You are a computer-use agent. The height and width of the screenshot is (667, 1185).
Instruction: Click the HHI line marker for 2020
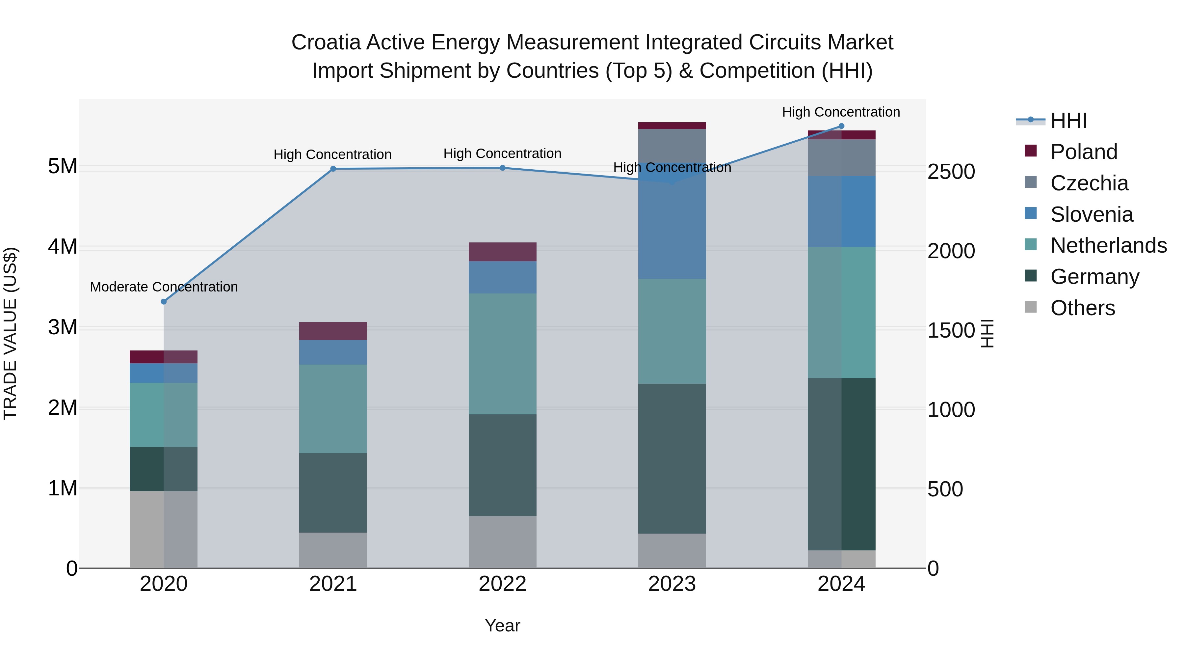tap(164, 301)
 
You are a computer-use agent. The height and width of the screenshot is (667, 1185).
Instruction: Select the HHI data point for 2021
tap(333, 169)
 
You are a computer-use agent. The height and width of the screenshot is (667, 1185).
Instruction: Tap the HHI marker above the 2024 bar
tap(841, 126)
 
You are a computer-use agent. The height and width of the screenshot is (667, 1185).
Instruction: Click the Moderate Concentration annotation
tap(164, 287)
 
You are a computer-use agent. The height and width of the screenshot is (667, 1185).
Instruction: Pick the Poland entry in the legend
tap(1083, 152)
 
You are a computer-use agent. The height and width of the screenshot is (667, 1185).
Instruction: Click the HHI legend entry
tap(1068, 121)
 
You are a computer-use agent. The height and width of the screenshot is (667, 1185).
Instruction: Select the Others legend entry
tap(1082, 308)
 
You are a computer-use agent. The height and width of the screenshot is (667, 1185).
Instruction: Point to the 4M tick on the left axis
tap(63, 247)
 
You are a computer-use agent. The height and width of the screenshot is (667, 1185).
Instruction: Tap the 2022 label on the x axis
tap(502, 584)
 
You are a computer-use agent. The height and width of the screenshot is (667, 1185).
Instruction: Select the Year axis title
tap(502, 625)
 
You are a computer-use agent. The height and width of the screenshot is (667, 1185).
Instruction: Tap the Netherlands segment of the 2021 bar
tap(333, 409)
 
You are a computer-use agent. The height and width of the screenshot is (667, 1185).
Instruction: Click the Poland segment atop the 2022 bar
tap(502, 252)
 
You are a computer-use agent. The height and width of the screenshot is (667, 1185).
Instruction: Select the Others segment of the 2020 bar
tap(164, 529)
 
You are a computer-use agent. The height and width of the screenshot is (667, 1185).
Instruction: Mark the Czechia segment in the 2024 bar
tap(841, 157)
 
